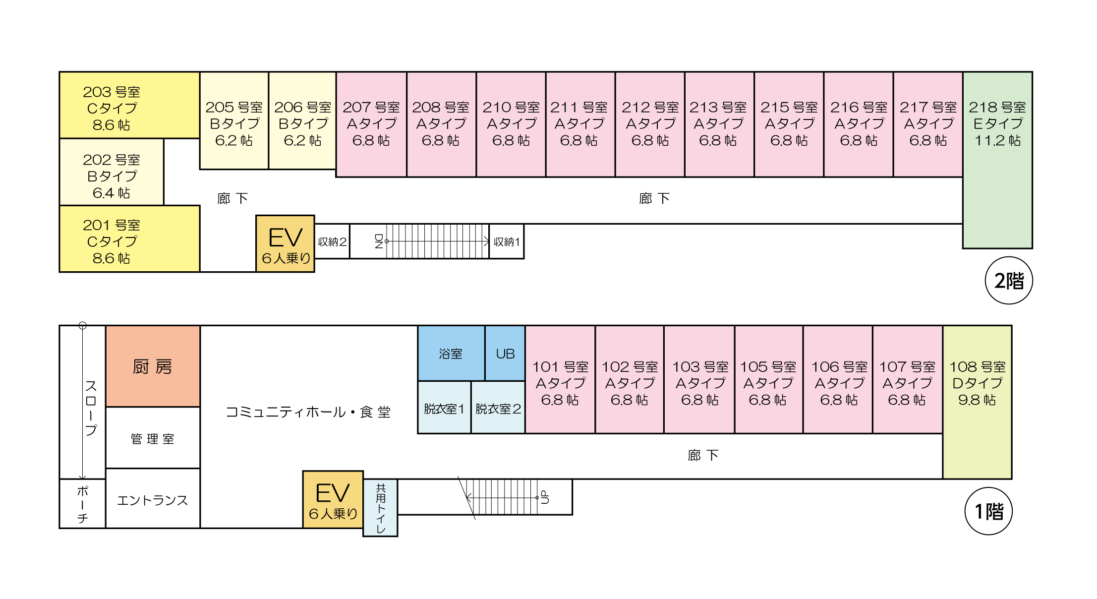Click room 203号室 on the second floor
coord(129,105)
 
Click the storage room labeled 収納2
coord(332,241)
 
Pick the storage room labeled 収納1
coord(507,241)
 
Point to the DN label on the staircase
coord(379,241)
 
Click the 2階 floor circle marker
coord(1008,281)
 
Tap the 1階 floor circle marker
coord(988,511)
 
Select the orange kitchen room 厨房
coord(153,366)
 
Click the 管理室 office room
coord(153,438)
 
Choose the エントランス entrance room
coord(153,500)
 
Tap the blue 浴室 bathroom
coord(451,354)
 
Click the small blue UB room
coord(505,354)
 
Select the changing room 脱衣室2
coord(498,408)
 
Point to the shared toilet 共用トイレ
coord(380,508)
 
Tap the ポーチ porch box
coord(82,504)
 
